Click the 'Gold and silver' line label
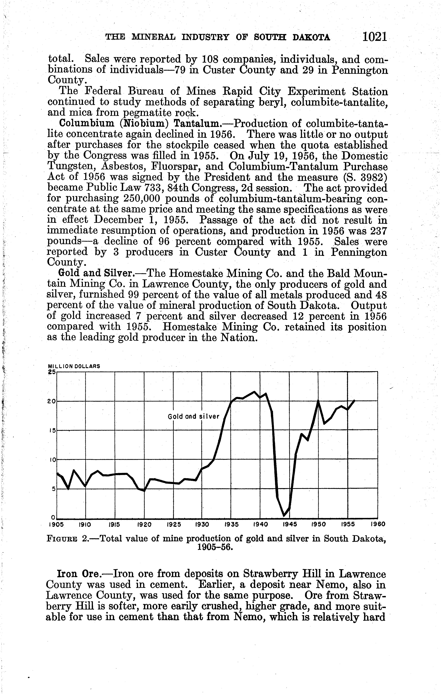pyautogui.click(x=194, y=417)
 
